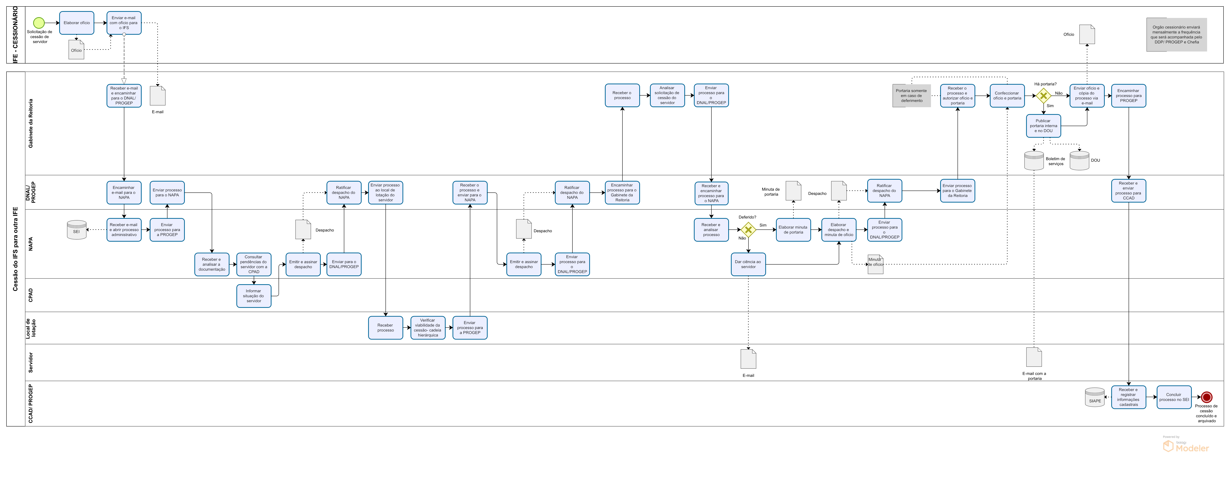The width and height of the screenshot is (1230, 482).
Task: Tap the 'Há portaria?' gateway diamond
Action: [1043, 95]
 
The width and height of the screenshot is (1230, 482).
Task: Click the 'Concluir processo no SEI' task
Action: [1174, 397]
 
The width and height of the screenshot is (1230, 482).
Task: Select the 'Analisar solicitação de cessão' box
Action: [667, 95]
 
